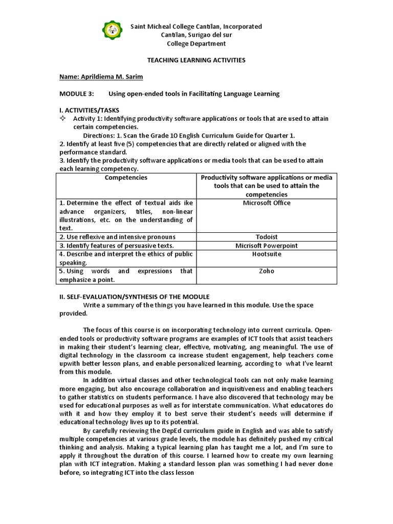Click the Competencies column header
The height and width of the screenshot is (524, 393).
(126, 178)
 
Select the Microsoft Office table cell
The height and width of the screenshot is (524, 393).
(267, 203)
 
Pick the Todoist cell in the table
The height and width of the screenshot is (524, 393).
(267, 237)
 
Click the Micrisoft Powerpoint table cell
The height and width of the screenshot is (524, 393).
(267, 246)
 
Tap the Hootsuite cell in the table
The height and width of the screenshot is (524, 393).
(267, 254)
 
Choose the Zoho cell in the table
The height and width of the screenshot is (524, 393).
(267, 271)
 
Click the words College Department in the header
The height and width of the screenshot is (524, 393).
(196, 43)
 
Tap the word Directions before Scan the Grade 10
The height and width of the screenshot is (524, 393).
(99, 136)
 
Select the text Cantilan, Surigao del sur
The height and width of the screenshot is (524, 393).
(196, 35)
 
